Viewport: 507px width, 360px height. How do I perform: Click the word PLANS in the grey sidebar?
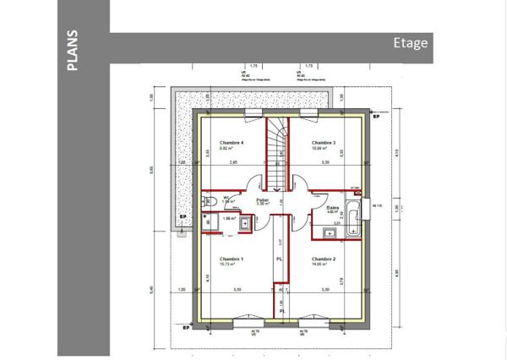pyautogui.click(x=73, y=50)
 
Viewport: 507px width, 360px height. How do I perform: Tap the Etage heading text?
pyautogui.click(x=410, y=44)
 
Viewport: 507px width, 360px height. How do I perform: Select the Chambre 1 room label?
pyautogui.click(x=231, y=259)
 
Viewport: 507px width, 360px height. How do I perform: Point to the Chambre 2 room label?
pyautogui.click(x=324, y=259)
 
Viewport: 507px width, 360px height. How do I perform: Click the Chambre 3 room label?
pyautogui.click(x=324, y=143)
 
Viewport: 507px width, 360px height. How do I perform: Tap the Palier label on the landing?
pyautogui.click(x=262, y=199)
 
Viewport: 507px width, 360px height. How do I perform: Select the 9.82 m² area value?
pyautogui.click(x=228, y=149)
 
